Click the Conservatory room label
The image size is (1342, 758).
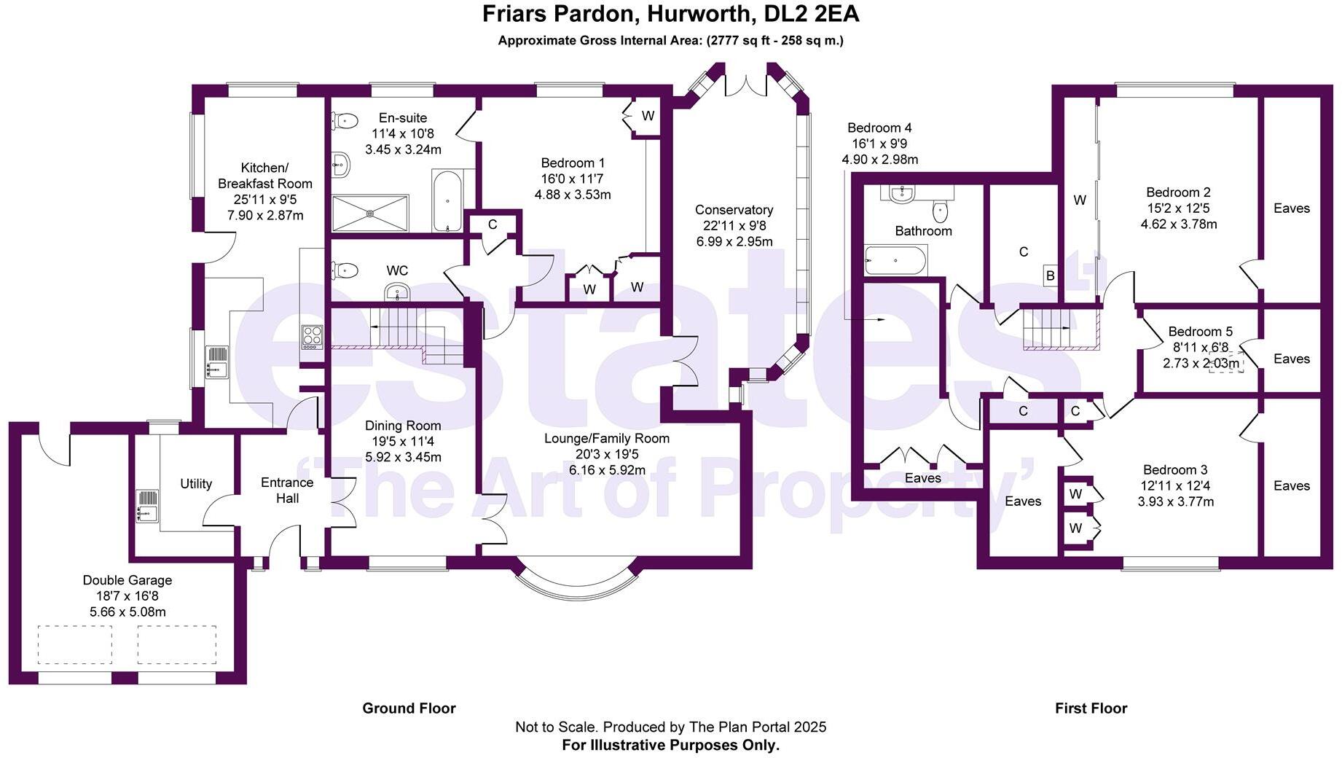click(x=734, y=210)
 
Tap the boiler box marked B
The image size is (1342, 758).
click(x=1050, y=276)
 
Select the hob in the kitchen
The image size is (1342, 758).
click(x=313, y=336)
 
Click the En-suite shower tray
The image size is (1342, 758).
click(x=370, y=213)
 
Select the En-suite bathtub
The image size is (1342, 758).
click(x=447, y=200)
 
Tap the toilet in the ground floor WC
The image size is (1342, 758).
click(x=345, y=270)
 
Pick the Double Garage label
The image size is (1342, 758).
click(x=127, y=580)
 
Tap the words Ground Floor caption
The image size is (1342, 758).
click(x=409, y=708)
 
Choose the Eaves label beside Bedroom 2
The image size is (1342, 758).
click(x=1291, y=208)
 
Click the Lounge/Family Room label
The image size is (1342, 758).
click(x=606, y=439)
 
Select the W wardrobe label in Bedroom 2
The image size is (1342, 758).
click(x=1079, y=200)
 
